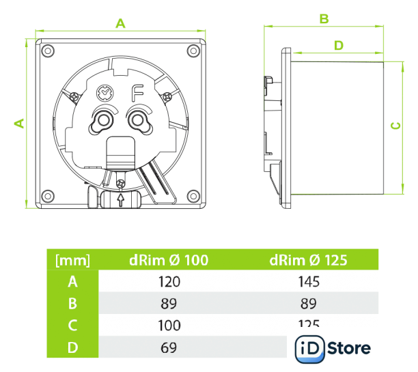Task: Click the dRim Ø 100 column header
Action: tap(169, 260)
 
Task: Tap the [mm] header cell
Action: tap(72, 260)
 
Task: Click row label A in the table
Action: tap(72, 281)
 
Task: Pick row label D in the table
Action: tap(72, 347)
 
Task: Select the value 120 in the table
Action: tap(169, 281)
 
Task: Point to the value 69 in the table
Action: tap(169, 347)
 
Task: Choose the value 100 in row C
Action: tap(169, 325)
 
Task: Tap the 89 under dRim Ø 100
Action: tap(169, 302)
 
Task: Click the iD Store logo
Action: tap(333, 349)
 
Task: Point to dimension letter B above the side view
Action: tap(325, 18)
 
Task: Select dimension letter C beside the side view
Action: tap(394, 126)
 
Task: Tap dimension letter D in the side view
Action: tap(339, 45)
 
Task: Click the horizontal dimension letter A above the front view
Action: tap(121, 23)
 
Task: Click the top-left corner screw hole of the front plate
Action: tap(46, 50)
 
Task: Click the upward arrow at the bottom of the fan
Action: tap(120, 200)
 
